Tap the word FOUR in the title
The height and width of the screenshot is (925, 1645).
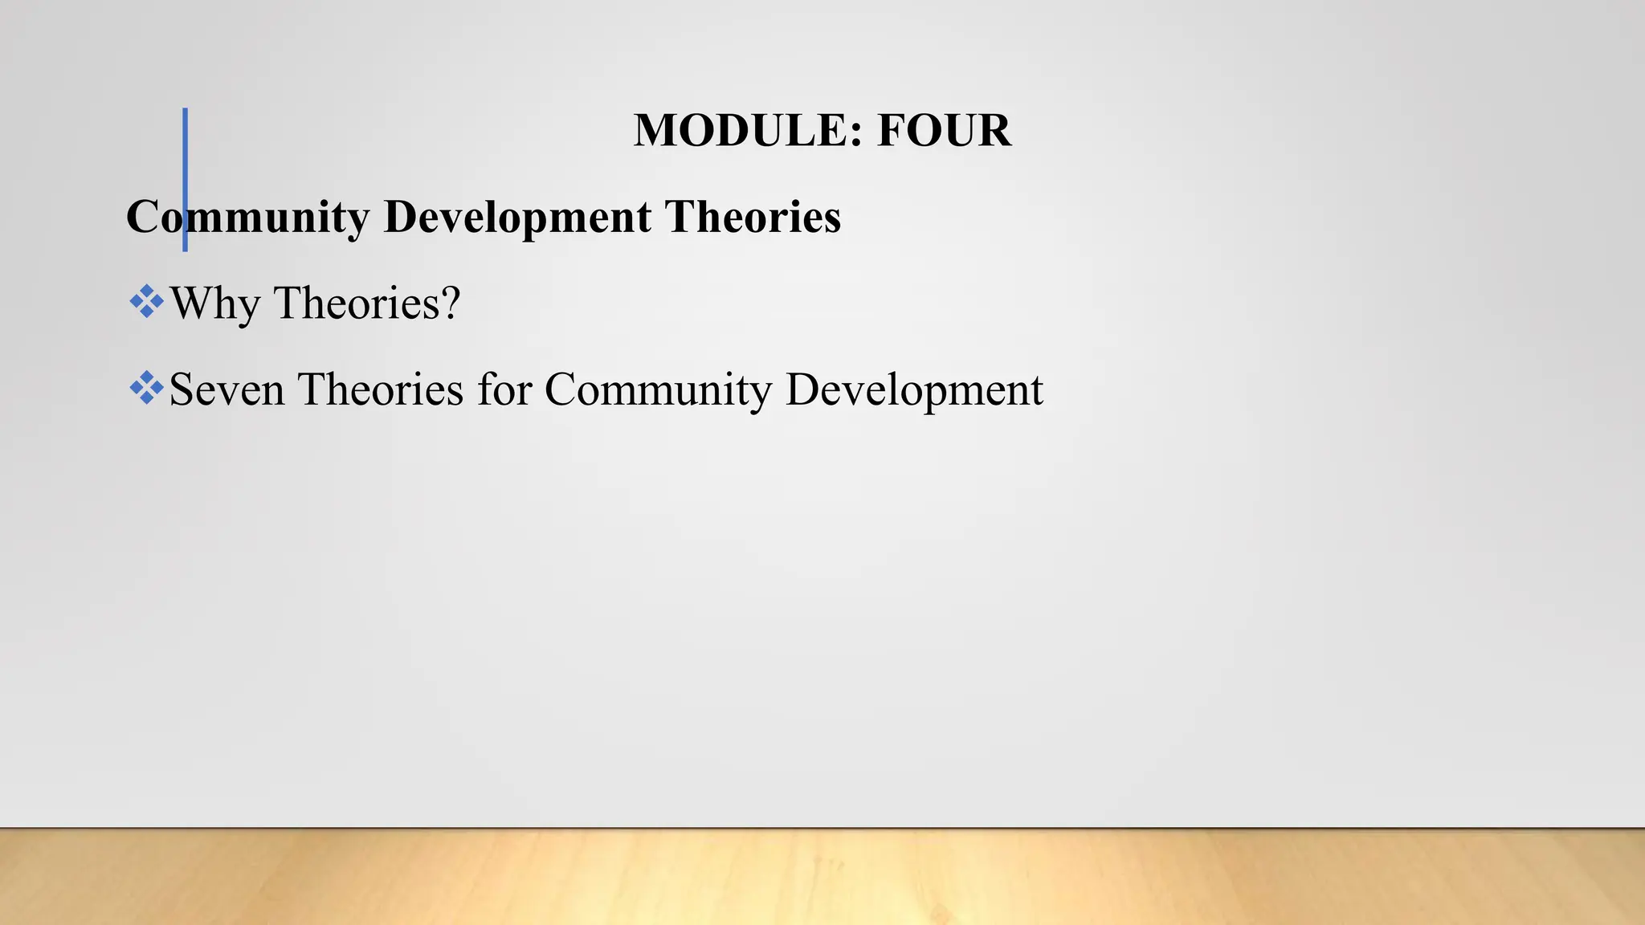944,130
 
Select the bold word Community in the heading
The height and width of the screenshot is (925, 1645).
247,218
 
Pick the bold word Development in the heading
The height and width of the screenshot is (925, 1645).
517,218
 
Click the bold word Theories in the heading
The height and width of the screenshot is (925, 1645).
753,218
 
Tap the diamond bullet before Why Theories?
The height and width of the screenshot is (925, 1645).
146,302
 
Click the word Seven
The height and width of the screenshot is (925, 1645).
227,390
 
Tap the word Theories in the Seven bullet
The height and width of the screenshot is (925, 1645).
381,390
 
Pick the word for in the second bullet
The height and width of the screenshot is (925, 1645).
504,390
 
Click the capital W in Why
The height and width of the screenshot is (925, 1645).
193,304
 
